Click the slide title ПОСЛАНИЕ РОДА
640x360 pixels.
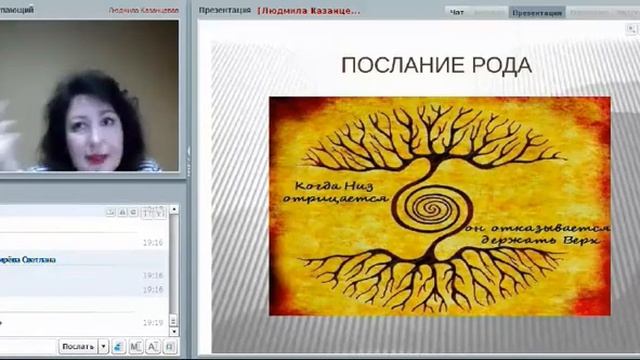coord(436,66)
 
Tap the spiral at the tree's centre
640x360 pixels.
coord(432,209)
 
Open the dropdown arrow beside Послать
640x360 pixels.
coord(103,347)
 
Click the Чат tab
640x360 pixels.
coord(457,12)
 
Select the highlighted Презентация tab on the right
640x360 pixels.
coord(537,12)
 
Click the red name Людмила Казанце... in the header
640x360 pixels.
coord(309,12)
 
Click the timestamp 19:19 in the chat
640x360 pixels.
coord(152,322)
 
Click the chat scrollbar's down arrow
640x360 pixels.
coord(174,331)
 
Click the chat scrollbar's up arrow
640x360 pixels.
coord(174,212)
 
